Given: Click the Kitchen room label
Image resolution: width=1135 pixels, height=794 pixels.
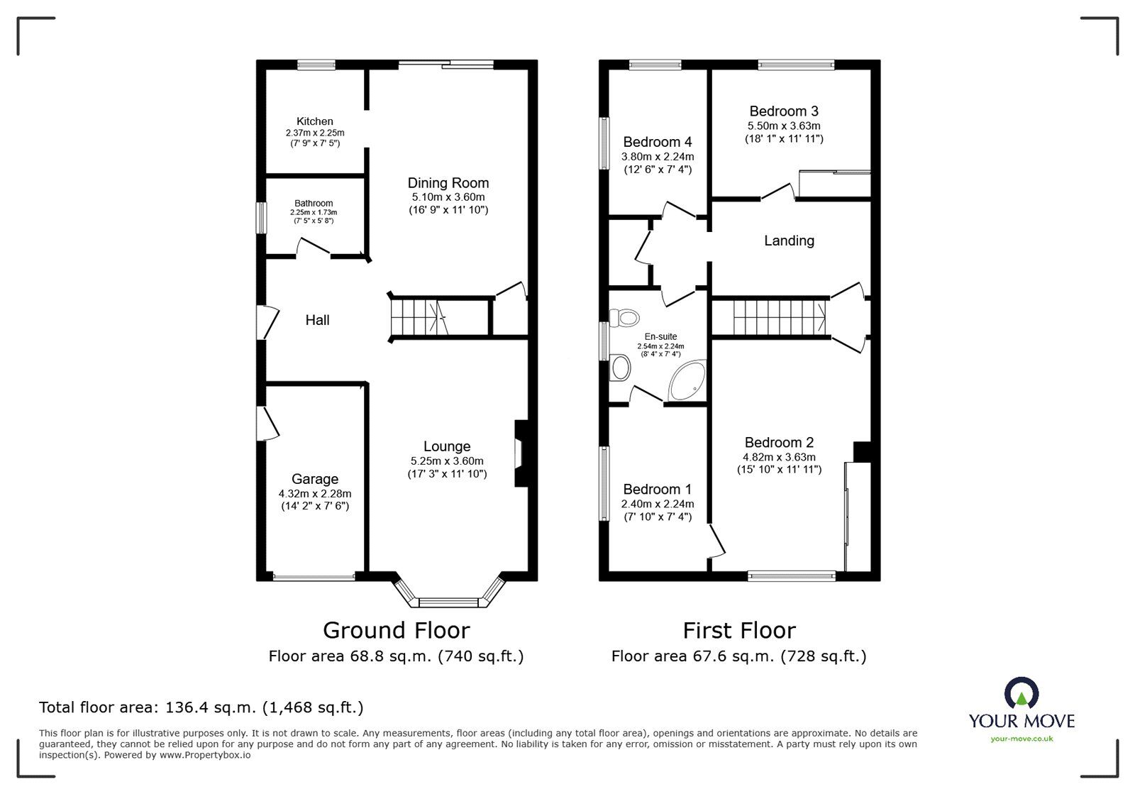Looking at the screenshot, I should click(x=314, y=121).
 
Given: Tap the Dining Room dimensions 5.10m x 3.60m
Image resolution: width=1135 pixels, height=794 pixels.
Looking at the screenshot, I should click(x=448, y=197).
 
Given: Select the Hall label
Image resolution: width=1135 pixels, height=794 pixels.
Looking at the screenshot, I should click(x=317, y=321).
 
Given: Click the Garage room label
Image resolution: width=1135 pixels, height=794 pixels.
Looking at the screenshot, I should click(x=314, y=480).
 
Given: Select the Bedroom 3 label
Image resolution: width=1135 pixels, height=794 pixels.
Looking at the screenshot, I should click(x=783, y=111).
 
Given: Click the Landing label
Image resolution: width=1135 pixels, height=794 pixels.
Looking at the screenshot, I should click(x=788, y=241).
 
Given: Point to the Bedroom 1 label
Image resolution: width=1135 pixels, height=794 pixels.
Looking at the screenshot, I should click(x=657, y=490).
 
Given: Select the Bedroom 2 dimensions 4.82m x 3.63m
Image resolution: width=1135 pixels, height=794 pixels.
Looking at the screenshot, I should click(x=779, y=458).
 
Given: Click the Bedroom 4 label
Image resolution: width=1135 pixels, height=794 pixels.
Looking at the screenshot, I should click(x=657, y=143).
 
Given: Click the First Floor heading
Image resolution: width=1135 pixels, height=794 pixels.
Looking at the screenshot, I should click(x=738, y=630).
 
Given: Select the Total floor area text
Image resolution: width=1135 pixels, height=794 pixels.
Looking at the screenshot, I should click(x=201, y=707).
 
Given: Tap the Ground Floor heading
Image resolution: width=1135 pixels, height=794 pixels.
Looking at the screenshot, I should click(x=396, y=630).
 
